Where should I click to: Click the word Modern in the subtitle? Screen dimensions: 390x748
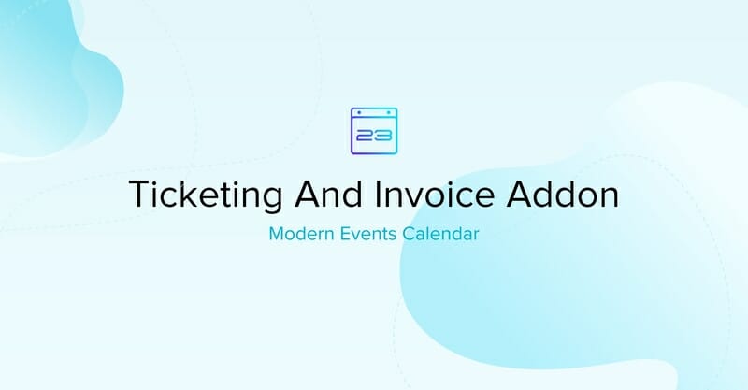click(x=297, y=234)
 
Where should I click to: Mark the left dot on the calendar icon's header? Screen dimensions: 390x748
click(x=361, y=113)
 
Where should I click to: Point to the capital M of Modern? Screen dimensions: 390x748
click(x=276, y=234)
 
